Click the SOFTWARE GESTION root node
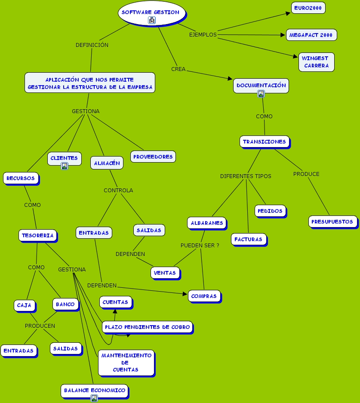tap(150, 12)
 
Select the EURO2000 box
tap(308, 8)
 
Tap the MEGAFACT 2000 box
tap(311, 35)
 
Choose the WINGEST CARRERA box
tap(316, 62)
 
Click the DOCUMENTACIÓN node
tap(261, 85)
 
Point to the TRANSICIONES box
tap(264, 142)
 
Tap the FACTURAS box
tap(249, 239)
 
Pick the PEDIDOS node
tap(270, 211)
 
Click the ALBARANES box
tap(207, 223)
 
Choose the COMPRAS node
tap(204, 296)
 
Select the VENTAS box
tap(165, 273)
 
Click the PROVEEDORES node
tap(153, 157)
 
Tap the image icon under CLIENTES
tap(65, 166)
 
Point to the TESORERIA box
tap(37, 235)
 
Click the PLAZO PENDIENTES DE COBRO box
tap(147, 327)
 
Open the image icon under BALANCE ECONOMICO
tap(94, 398)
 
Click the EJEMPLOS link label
tap(203, 35)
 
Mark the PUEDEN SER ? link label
tap(200, 245)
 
